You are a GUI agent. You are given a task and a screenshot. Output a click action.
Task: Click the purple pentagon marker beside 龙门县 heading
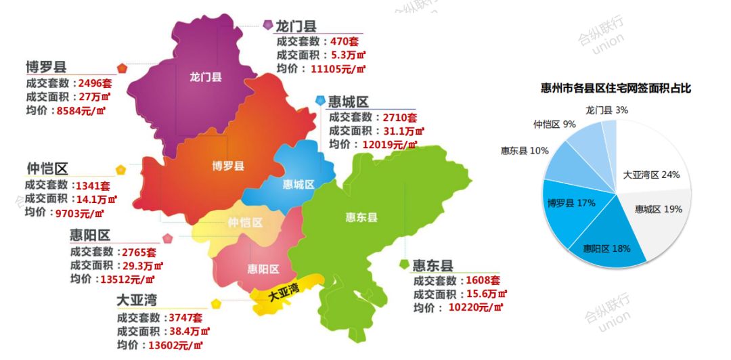tap(267, 25)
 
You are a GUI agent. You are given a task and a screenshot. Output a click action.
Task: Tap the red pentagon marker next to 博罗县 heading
tap(122, 68)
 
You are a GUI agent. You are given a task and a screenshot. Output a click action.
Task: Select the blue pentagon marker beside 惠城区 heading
tap(320, 101)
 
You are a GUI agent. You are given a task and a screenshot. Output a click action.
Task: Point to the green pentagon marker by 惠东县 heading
tap(404, 264)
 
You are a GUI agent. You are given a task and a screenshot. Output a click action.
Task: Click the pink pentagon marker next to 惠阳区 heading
tap(167, 238)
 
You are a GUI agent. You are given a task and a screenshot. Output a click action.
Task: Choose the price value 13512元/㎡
tap(131, 279)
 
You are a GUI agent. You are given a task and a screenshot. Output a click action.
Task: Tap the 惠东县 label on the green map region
tap(361, 217)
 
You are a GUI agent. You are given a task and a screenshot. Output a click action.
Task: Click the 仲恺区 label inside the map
tap(245, 222)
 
